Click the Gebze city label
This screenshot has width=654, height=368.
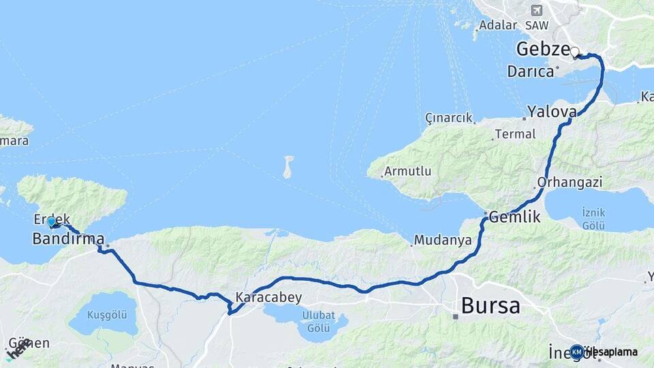tap(542, 49)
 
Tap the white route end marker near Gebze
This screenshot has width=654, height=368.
tap(575, 52)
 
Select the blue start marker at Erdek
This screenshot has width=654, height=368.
tap(51, 221)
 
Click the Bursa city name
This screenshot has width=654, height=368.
tap(490, 305)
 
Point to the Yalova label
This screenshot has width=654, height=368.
tap(551, 111)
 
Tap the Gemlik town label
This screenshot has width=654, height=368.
tap(514, 217)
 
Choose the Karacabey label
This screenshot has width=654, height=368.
tap(268, 298)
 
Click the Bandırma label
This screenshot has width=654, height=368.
tap(68, 239)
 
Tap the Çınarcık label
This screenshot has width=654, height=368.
tap(448, 118)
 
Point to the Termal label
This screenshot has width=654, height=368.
tap(515, 134)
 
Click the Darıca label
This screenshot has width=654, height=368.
tap(530, 71)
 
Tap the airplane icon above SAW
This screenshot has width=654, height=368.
tap(536, 10)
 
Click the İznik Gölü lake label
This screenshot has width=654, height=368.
tap(593, 217)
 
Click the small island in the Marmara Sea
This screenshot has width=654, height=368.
tap(288, 166)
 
